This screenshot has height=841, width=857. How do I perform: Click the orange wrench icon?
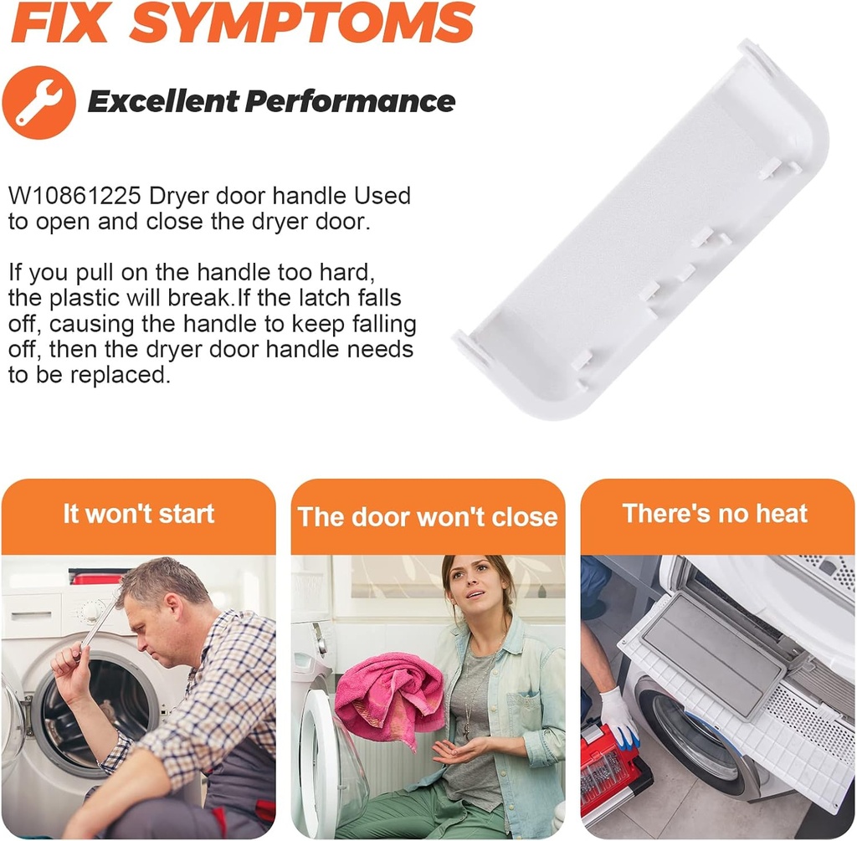[38, 102]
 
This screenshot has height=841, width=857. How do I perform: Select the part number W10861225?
[74, 196]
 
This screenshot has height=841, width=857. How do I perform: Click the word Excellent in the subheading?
[163, 101]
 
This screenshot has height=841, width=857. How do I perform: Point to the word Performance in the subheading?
[350, 101]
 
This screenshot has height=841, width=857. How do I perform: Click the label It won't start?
[138, 514]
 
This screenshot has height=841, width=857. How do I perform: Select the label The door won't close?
[428, 516]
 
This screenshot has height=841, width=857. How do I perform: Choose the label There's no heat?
[715, 514]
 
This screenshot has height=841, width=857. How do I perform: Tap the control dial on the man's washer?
[92, 611]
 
